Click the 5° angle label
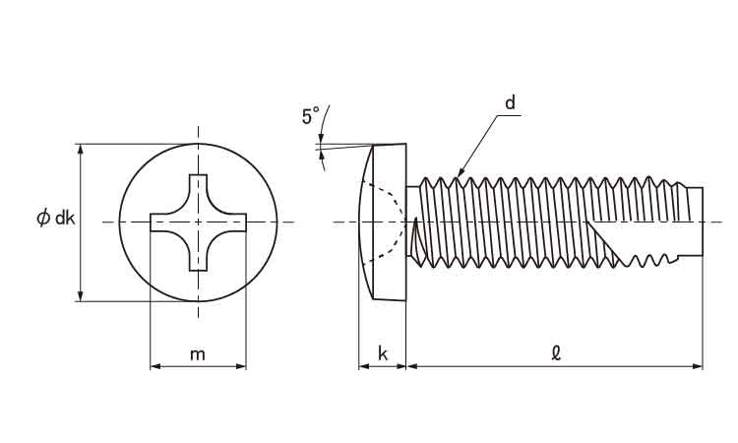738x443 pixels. (311, 117)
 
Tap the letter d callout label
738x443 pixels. (511, 103)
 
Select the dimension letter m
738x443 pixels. (198, 354)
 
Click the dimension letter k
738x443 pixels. (383, 354)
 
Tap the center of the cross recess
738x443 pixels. (198, 222)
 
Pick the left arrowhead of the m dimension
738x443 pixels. (154, 367)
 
